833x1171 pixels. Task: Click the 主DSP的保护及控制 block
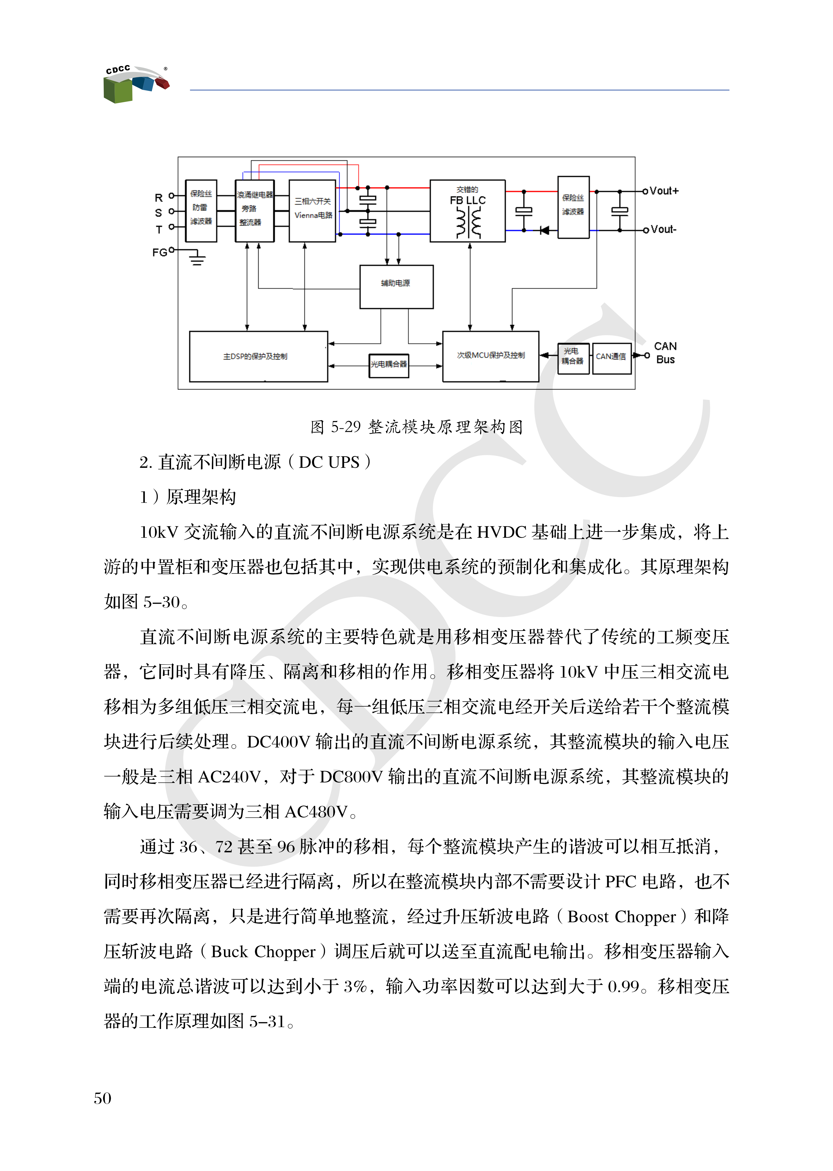[258, 356]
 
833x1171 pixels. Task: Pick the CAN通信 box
[611, 357]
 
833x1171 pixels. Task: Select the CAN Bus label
[665, 353]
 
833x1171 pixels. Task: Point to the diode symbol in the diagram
[544, 230]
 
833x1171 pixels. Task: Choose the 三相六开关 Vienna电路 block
[312, 210]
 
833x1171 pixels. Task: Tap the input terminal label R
[158, 198]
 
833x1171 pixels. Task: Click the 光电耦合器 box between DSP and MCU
[389, 364]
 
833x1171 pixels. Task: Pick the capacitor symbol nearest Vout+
[620, 210]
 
